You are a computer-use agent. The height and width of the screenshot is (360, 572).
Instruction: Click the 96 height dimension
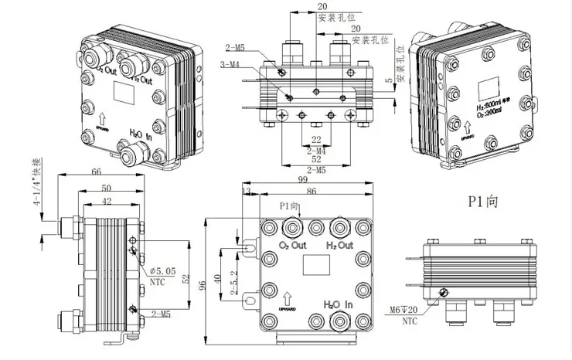click(x=203, y=284)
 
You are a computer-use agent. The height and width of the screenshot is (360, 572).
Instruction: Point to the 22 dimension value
click(x=315, y=139)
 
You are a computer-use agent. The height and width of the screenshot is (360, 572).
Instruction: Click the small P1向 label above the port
click(x=289, y=208)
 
